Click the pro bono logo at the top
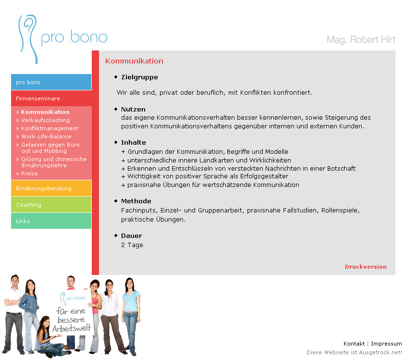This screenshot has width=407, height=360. [62, 38]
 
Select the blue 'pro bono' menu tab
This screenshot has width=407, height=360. [51, 82]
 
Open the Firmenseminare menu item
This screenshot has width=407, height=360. [51, 99]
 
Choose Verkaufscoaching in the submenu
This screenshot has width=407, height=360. [45, 120]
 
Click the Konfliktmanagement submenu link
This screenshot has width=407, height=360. [49, 128]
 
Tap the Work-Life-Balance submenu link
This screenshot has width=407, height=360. [46, 137]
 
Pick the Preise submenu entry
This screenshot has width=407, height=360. [29, 174]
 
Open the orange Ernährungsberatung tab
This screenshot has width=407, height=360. [51, 188]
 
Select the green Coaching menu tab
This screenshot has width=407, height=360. [51, 205]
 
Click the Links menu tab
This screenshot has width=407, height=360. [51, 221]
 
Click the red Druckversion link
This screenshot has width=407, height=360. [366, 267]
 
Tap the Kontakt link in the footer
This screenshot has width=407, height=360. [354, 344]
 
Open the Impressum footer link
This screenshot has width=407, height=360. [386, 344]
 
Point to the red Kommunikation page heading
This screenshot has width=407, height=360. [134, 61]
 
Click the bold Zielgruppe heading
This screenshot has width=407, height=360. [139, 77]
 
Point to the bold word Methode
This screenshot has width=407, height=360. [136, 201]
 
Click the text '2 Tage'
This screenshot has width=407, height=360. [132, 245]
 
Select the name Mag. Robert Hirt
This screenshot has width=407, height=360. [361, 39]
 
